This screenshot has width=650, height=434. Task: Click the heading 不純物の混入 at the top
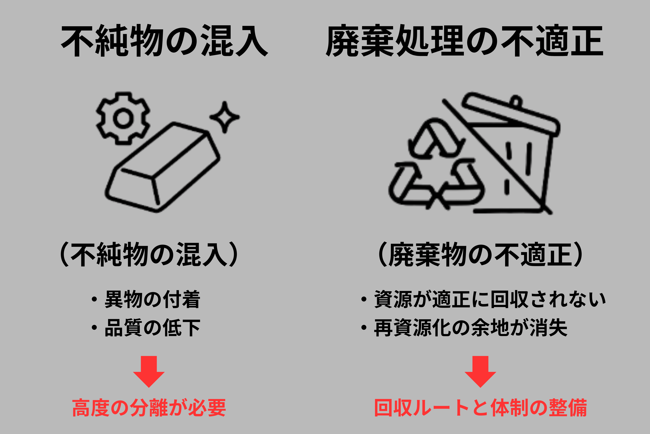tap(165, 41)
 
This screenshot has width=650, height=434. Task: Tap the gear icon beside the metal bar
tap(123, 118)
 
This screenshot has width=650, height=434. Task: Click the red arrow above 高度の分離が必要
tap(149, 371)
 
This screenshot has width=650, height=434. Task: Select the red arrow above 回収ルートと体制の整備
tap(480, 371)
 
